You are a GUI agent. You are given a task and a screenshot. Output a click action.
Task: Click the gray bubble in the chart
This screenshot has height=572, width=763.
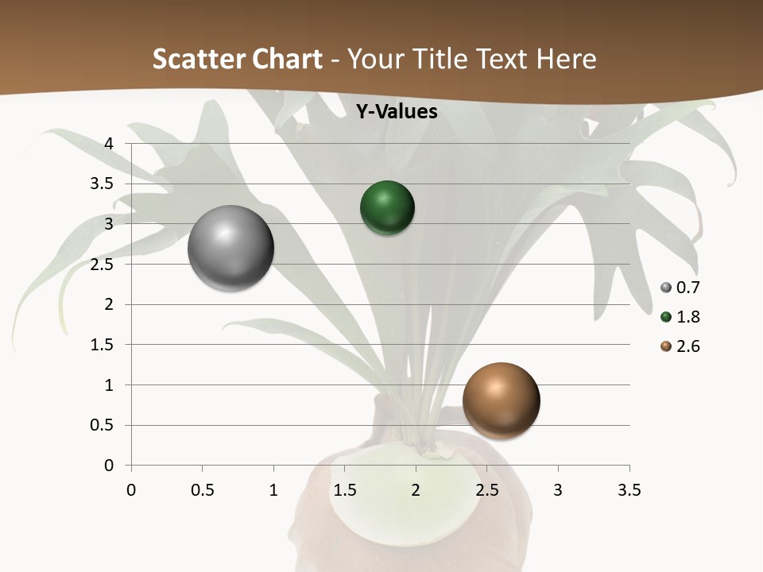(230, 248)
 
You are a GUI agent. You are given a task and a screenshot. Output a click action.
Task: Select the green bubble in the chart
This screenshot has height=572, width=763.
(387, 208)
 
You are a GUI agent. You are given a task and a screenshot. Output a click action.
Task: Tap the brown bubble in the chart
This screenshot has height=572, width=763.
(501, 400)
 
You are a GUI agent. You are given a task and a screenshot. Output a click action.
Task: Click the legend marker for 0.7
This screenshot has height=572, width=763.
(666, 288)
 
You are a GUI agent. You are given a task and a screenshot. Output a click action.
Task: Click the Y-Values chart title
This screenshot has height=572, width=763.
(397, 112)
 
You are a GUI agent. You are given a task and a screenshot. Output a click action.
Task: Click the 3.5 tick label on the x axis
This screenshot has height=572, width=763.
(629, 490)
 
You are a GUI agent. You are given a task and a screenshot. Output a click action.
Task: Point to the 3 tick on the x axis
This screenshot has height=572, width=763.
(558, 490)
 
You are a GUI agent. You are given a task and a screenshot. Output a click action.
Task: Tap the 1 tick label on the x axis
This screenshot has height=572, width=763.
(273, 490)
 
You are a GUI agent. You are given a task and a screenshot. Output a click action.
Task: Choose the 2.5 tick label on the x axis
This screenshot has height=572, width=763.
(486, 490)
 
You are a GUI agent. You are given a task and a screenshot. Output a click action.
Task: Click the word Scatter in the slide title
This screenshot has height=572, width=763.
(198, 59)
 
